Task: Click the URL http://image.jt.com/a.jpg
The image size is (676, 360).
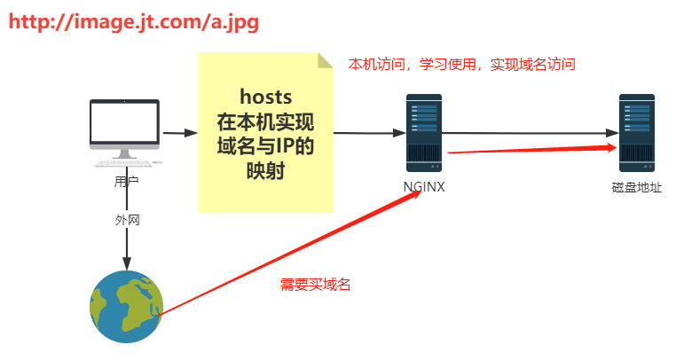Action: point(134,22)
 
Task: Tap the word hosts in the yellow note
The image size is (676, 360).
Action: point(266,97)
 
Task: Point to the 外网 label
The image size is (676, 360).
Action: point(127,218)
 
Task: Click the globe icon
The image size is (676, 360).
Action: point(127,307)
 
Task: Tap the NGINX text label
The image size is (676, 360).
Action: point(424,187)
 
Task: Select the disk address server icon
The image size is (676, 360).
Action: point(636,133)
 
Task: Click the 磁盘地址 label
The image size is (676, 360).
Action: point(636,187)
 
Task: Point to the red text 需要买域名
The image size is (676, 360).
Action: point(315,285)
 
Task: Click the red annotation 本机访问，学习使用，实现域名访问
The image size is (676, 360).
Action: point(461,65)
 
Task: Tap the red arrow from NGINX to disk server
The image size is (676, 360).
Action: point(532,150)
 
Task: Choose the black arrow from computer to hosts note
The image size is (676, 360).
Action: point(180,133)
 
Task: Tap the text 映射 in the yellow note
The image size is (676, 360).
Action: point(266,169)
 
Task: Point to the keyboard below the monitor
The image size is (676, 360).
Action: point(123,163)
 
